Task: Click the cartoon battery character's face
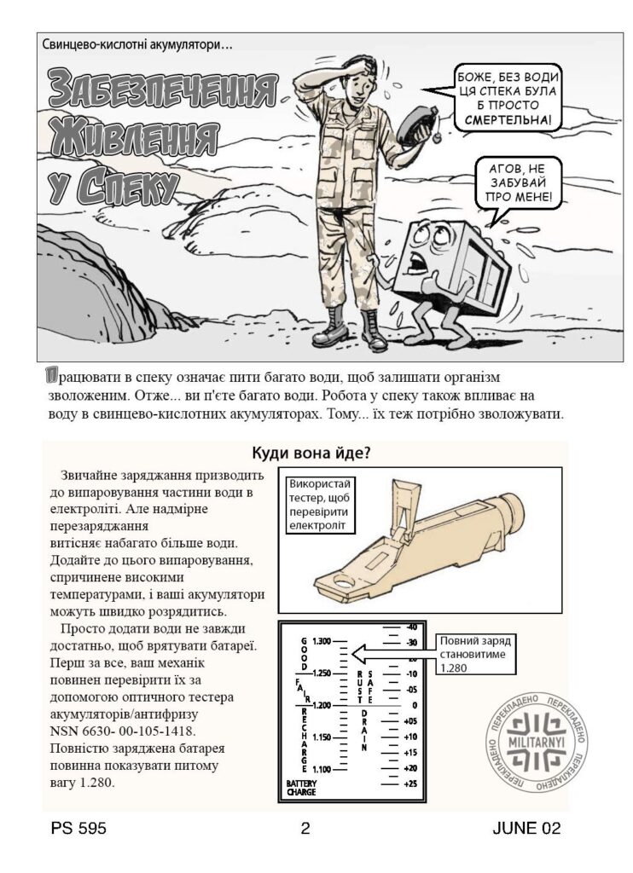click(x=424, y=248)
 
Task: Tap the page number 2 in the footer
click(x=305, y=827)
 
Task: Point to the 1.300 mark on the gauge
click(x=322, y=641)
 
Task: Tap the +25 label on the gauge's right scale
click(x=410, y=783)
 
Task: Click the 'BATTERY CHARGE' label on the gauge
click(x=301, y=787)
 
